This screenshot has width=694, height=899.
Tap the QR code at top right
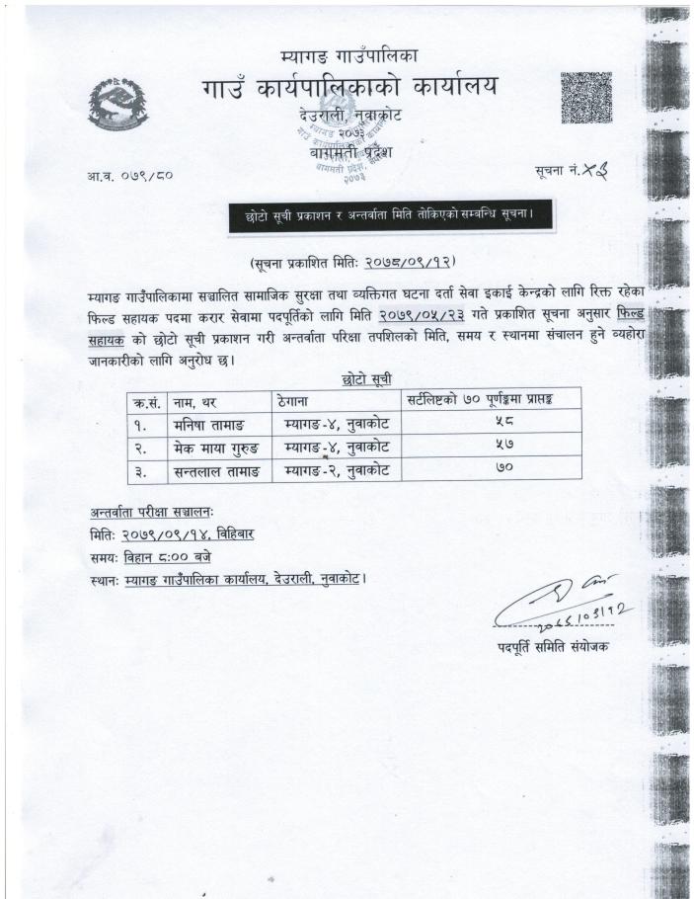[x=585, y=99]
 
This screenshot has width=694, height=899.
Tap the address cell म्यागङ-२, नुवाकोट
[x=336, y=471]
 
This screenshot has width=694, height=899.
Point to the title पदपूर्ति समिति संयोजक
[x=554, y=646]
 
